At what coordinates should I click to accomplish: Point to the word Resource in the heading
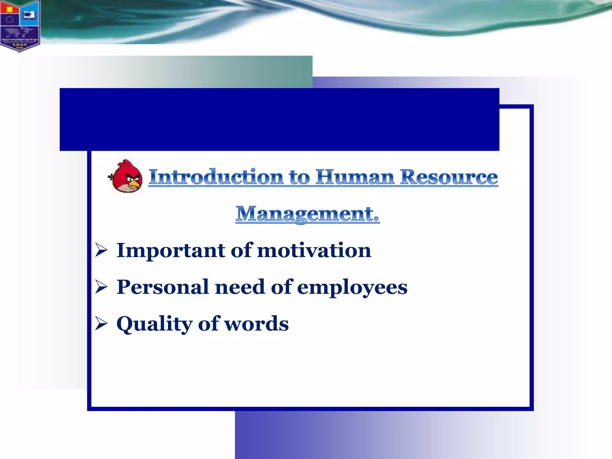[449, 177]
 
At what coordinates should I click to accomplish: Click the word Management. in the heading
[307, 214]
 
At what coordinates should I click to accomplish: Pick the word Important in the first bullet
[171, 250]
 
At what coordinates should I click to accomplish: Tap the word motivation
[314, 250]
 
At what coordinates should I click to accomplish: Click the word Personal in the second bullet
[163, 287]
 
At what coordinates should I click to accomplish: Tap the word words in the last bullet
[256, 324]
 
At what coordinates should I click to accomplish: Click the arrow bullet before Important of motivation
[101, 250]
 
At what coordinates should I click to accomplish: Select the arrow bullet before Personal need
[101, 287]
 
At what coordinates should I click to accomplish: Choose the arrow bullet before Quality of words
[101, 324]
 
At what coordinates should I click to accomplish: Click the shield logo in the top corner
[20, 25]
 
